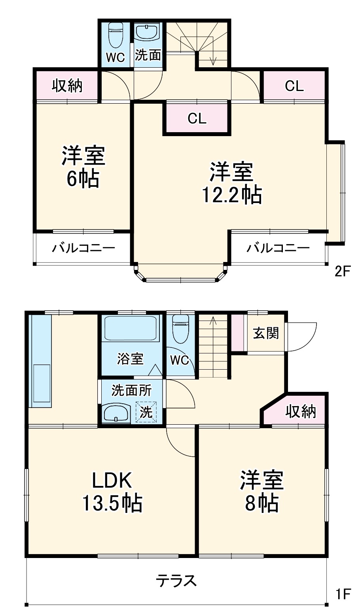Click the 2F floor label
(x=342, y=271)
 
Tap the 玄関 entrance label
(x=266, y=333)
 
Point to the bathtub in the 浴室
(x=130, y=328)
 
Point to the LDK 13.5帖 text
(x=112, y=492)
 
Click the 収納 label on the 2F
(x=67, y=85)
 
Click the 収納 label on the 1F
(x=301, y=412)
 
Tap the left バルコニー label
(x=83, y=249)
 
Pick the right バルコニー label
(x=278, y=249)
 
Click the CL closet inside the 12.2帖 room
(x=197, y=118)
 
